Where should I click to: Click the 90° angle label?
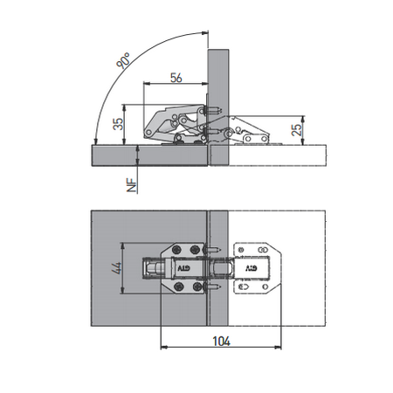tap(123, 60)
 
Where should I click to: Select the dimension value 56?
tap(176, 78)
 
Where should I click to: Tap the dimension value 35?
tap(118, 124)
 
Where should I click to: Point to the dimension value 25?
tap(296, 130)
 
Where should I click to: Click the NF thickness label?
tap(132, 185)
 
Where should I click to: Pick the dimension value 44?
tap(116, 268)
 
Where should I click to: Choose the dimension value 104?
tap(221, 341)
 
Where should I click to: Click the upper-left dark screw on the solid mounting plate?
tap(176, 250)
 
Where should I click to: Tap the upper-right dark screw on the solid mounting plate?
tap(195, 250)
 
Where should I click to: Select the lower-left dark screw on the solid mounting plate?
tap(179, 287)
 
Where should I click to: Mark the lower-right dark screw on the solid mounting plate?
tap(197, 287)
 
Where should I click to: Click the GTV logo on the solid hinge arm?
tap(183, 268)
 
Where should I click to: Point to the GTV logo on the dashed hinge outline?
tap(252, 268)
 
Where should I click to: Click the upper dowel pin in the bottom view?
tap(214, 250)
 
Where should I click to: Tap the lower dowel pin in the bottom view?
tap(214, 287)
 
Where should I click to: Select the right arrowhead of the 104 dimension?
tap(279, 347)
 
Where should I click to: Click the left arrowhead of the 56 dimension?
tap(147, 84)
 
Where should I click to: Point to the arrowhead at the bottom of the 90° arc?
tap(96, 141)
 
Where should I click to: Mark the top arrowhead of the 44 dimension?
tap(123, 246)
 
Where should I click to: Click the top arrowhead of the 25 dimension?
tap(303, 119)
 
